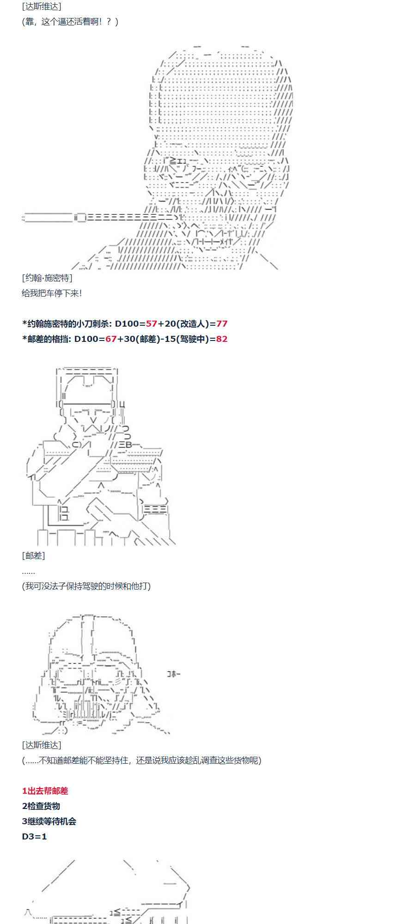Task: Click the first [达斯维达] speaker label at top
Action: [42, 6]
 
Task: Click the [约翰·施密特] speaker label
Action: [47, 278]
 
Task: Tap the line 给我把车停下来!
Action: [52, 293]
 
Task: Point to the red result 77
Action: [222, 323]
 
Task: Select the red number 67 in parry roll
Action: [111, 339]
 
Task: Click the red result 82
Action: [222, 339]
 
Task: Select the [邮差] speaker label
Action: [33, 555]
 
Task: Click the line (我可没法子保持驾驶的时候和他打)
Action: [86, 586]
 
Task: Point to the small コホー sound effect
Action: [174, 674]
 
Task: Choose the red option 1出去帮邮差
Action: [45, 791]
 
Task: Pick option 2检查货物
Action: [41, 806]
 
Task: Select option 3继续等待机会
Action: [49, 821]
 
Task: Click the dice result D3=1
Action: [34, 837]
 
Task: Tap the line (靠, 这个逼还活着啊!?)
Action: [70, 22]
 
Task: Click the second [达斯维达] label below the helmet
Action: [42, 745]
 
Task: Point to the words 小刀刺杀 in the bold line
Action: [92, 323]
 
